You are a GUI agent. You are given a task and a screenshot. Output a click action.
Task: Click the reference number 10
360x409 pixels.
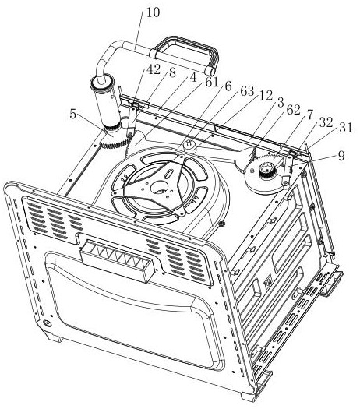point(153,13)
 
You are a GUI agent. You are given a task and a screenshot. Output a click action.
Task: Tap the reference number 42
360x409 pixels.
point(154,69)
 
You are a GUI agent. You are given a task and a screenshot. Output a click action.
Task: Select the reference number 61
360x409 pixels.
point(212,83)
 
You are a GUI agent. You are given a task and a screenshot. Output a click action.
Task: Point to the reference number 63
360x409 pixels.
point(248,91)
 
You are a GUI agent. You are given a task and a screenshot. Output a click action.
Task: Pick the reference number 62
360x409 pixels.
point(294,111)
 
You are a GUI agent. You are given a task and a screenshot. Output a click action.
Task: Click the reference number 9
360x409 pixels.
point(341,156)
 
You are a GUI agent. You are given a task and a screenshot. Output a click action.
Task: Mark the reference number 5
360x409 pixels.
point(73,115)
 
